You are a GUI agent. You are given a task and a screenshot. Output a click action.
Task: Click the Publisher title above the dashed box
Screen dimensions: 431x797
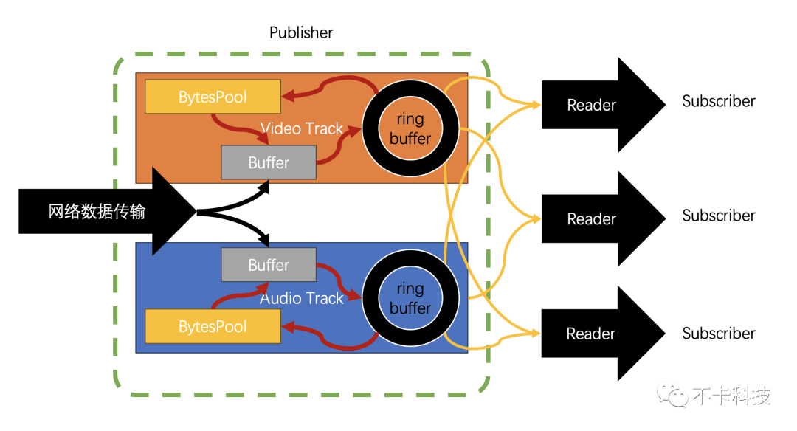pos(301,32)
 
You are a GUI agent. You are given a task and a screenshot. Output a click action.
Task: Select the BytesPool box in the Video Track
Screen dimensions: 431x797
pos(213,97)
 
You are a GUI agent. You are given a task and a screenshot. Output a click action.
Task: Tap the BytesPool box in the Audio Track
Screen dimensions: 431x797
pos(213,326)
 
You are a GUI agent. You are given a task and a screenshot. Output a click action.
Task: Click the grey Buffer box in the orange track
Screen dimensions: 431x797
pos(269,162)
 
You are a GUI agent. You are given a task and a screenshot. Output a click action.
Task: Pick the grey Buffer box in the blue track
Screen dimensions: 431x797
pos(269,265)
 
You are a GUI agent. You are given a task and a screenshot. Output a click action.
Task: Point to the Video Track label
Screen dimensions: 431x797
pos(302,128)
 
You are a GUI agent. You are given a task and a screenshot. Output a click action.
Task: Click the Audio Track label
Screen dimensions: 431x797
pos(302,298)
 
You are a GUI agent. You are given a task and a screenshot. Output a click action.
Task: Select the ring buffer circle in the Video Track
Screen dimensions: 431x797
pos(410,128)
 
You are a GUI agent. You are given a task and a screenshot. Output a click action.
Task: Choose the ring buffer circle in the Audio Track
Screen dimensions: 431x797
pos(410,297)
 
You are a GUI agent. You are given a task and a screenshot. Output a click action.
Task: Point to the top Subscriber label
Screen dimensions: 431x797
pos(719,102)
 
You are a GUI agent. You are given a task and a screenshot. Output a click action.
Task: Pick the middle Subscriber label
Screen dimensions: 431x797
pos(719,216)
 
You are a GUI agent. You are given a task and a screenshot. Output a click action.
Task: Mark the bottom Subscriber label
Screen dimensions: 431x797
pos(719,334)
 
